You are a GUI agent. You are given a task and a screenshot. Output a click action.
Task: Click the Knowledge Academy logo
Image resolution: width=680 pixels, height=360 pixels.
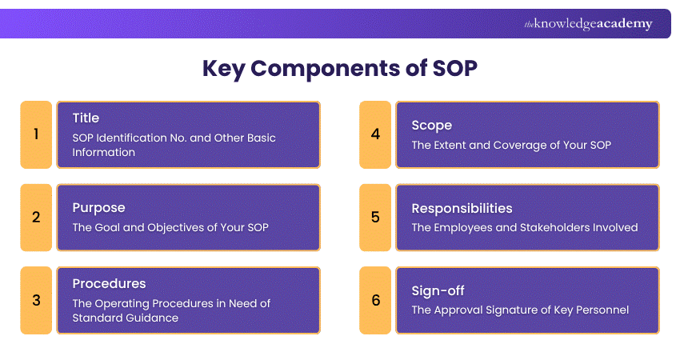click(x=588, y=24)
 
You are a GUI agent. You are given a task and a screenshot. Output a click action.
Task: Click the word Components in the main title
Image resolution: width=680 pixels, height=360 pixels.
click(x=326, y=69)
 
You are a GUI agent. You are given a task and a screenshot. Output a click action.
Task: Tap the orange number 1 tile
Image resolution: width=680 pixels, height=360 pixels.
click(x=36, y=134)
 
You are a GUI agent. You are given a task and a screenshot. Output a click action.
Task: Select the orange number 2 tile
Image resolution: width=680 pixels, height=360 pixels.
click(x=36, y=218)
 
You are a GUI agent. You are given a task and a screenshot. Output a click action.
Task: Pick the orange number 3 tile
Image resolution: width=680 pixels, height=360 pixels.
click(x=36, y=300)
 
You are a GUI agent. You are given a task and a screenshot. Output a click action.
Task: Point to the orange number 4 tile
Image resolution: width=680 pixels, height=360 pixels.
click(x=375, y=134)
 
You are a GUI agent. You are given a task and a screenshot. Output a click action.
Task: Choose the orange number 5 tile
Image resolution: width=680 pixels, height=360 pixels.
click(x=375, y=218)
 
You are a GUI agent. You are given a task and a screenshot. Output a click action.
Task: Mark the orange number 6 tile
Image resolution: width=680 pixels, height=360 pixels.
click(x=375, y=300)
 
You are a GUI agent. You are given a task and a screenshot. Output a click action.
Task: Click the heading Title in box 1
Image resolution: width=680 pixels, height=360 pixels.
click(x=86, y=118)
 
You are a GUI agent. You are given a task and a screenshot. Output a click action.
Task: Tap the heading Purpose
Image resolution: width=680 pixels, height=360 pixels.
click(x=99, y=208)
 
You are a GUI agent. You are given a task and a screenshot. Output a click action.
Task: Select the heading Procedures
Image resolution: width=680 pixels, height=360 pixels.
click(x=110, y=284)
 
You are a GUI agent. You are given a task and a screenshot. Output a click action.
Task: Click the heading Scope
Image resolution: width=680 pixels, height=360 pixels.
click(x=432, y=126)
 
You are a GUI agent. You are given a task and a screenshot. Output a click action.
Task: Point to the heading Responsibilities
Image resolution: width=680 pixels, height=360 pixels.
click(x=462, y=209)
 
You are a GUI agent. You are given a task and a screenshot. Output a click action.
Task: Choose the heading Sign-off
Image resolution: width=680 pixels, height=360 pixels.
click(x=438, y=291)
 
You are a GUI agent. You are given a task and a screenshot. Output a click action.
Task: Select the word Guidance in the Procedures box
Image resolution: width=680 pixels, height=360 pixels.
click(x=152, y=318)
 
